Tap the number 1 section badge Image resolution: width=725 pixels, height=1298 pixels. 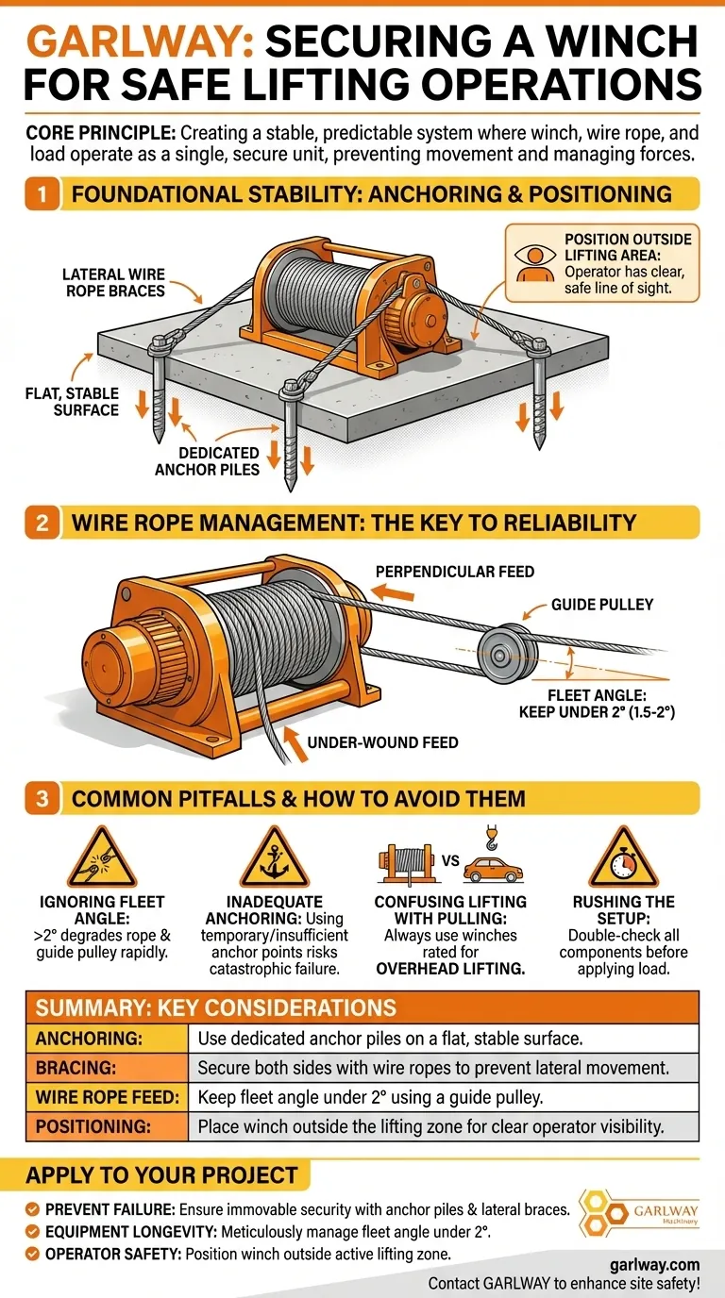click(x=42, y=194)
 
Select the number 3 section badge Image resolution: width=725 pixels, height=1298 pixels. click(x=42, y=798)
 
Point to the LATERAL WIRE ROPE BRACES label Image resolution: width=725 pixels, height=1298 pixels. click(x=114, y=283)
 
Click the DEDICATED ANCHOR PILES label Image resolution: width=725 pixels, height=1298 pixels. click(x=207, y=461)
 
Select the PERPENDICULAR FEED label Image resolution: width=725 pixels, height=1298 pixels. click(x=455, y=572)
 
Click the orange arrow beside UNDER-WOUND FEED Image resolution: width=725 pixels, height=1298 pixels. click(x=295, y=743)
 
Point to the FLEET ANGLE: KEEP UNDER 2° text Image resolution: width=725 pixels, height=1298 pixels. click(x=597, y=704)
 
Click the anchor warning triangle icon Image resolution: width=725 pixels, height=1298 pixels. click(x=274, y=857)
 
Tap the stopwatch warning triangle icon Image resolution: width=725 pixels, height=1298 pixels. click(x=623, y=857)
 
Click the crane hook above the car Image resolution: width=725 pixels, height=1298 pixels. click(x=492, y=838)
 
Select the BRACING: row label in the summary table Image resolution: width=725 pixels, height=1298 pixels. click(x=76, y=1068)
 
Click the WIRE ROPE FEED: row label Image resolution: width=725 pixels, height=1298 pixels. click(x=108, y=1097)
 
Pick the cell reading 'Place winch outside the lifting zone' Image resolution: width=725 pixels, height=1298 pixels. click(x=430, y=1126)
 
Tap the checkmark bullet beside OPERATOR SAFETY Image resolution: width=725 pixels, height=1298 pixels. click(x=33, y=1255)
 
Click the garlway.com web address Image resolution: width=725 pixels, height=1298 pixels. click(x=655, y=1264)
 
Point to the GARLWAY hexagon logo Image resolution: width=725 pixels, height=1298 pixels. click(x=639, y=1213)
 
